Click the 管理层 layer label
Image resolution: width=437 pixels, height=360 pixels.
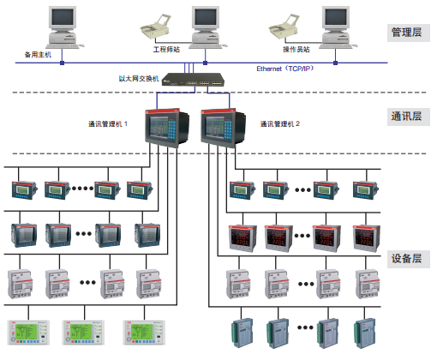(x=407, y=33)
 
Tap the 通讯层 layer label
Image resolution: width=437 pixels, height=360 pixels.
(x=407, y=117)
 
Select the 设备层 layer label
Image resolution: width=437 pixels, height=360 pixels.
(x=407, y=259)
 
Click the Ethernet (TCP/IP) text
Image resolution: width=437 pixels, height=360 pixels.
(x=285, y=69)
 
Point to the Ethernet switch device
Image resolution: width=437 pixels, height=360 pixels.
(x=193, y=80)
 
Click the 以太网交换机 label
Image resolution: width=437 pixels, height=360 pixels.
(x=139, y=79)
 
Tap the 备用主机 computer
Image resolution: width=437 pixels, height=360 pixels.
(x=63, y=27)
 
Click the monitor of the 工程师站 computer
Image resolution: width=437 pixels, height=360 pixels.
(x=206, y=19)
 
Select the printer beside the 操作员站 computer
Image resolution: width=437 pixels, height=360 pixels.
(x=284, y=27)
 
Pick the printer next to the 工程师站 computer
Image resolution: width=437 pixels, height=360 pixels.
(x=155, y=27)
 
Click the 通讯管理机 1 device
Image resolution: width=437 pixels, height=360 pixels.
(x=167, y=128)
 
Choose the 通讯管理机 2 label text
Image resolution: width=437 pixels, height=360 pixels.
(x=280, y=123)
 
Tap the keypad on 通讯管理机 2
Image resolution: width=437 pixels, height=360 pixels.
(x=228, y=129)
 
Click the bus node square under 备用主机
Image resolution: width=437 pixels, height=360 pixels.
(x=62, y=63)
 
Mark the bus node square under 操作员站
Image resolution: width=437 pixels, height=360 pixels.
(x=336, y=63)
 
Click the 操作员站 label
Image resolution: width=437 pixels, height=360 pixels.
(x=296, y=50)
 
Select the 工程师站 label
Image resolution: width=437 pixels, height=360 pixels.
(x=166, y=50)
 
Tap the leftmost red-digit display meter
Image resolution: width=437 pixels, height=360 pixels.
(x=242, y=238)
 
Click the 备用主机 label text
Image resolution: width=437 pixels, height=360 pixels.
(x=38, y=55)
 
